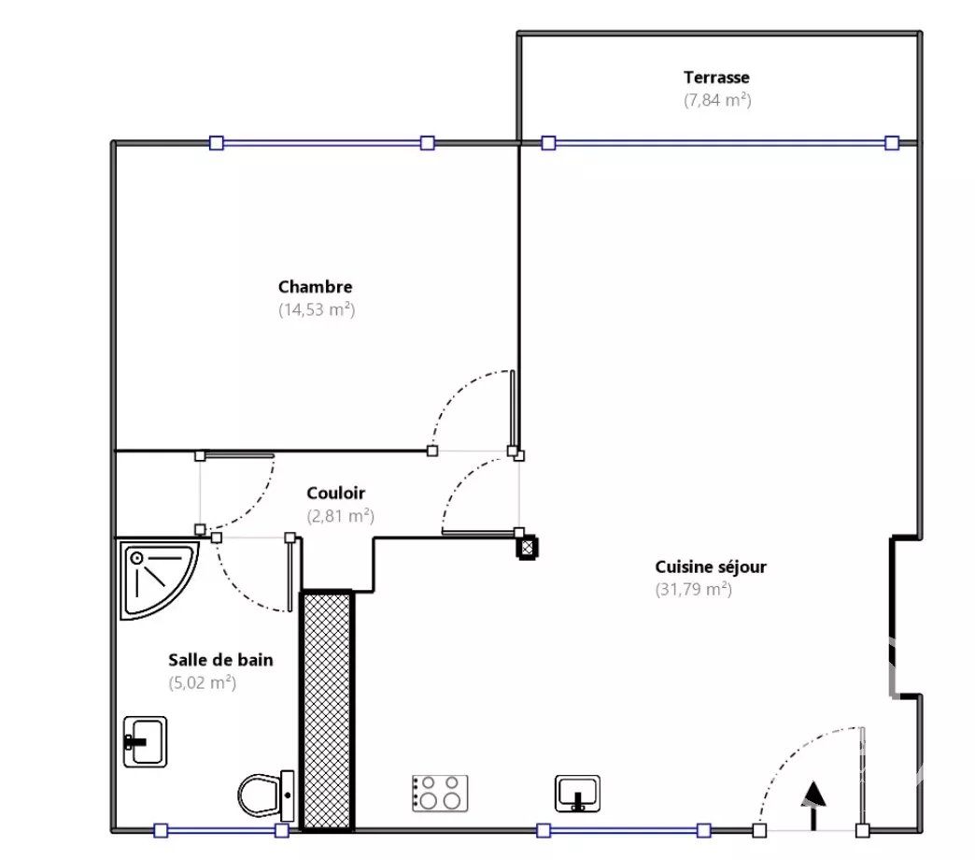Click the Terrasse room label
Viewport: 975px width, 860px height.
click(716, 78)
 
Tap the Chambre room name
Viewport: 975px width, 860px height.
click(316, 287)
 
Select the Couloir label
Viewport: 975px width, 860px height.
click(336, 493)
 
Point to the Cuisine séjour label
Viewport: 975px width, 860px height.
click(711, 566)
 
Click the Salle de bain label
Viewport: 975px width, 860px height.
click(220, 660)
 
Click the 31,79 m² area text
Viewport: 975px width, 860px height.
click(693, 589)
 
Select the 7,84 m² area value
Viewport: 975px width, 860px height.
click(717, 100)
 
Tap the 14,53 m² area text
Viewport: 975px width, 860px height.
click(317, 309)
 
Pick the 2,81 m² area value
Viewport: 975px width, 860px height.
click(340, 516)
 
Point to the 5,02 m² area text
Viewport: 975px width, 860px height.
click(202, 682)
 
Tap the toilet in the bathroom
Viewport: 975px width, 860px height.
click(266, 795)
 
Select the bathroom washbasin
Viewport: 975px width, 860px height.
click(146, 742)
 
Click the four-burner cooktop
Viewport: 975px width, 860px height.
click(440, 793)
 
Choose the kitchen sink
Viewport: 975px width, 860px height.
click(578, 794)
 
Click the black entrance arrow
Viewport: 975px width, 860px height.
click(813, 805)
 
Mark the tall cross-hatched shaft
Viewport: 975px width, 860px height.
click(327, 710)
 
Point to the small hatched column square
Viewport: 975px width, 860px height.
click(528, 548)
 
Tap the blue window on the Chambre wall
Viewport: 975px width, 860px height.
click(321, 143)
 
